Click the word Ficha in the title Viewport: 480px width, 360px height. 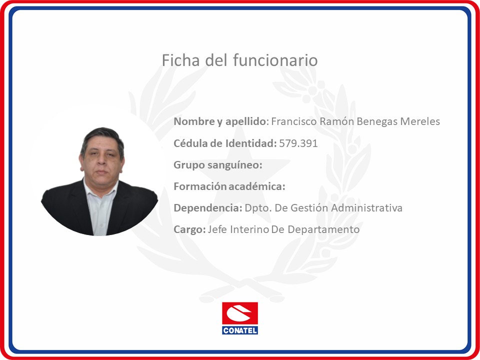pos(180,60)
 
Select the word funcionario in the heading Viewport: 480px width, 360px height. pos(275,60)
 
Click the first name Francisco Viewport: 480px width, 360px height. pos(294,121)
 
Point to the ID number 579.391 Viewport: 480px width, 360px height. pos(298,143)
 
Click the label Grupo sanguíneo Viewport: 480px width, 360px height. pos(218,165)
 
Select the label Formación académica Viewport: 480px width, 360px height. pos(229,186)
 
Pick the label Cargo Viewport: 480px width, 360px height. pos(189,229)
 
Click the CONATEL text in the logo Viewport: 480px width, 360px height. pos(240,330)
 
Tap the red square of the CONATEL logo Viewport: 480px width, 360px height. pos(240,314)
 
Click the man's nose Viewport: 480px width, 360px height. pos(101,162)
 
